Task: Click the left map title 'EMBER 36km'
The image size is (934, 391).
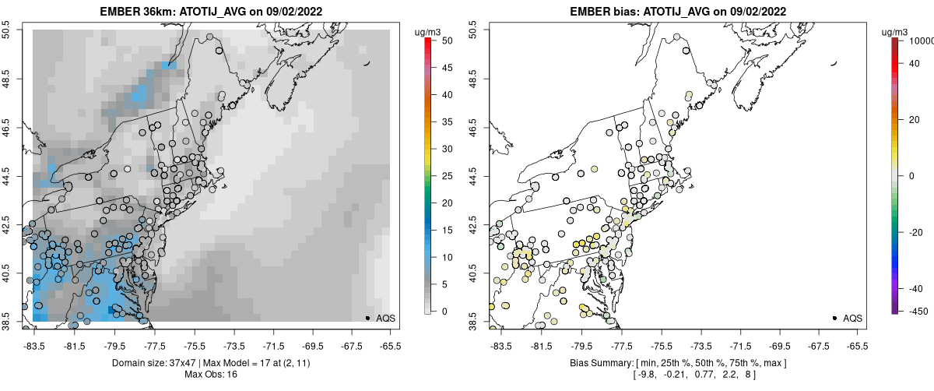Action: pyautogui.click(x=134, y=12)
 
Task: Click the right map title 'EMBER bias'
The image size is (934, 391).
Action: pyautogui.click(x=597, y=12)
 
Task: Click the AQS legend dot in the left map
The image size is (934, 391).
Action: pyautogui.click(x=367, y=318)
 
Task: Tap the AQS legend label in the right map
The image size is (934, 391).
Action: pyautogui.click(x=852, y=318)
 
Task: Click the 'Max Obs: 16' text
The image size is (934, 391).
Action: pyautogui.click(x=211, y=375)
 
